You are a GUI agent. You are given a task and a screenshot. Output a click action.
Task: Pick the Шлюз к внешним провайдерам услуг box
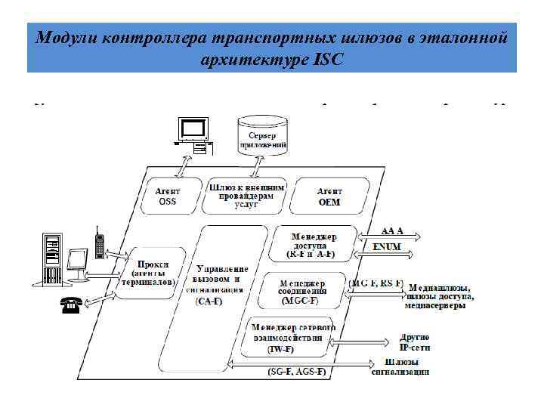(x=246, y=194)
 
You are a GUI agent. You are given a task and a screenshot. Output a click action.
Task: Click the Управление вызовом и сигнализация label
(x=221, y=283)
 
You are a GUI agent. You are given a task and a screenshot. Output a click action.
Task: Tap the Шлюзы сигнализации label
(x=401, y=366)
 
